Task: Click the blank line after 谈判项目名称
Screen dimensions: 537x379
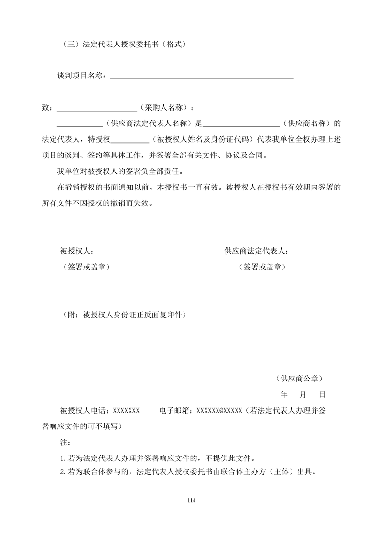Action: (202, 77)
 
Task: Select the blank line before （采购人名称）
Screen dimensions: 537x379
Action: (97, 108)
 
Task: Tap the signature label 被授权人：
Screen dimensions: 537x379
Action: (77, 251)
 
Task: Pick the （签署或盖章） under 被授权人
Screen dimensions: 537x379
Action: (86, 267)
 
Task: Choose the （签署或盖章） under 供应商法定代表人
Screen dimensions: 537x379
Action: (262, 267)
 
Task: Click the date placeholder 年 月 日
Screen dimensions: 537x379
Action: (303, 395)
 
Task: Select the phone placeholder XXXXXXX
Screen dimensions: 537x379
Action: (126, 411)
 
